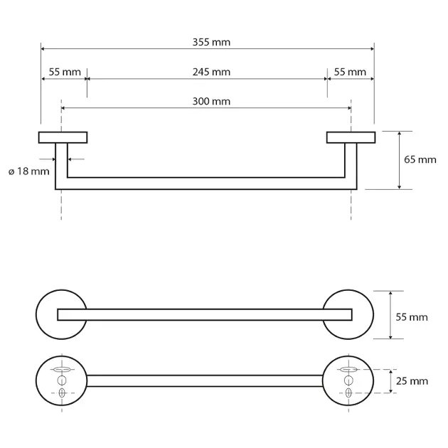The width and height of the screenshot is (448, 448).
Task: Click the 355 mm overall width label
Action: (211, 42)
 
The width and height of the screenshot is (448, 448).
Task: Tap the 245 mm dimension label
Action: (211, 72)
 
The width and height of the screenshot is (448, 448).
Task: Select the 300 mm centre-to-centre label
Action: (211, 102)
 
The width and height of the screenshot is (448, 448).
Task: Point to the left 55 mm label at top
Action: (65, 72)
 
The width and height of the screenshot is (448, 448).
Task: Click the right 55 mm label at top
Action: (350, 72)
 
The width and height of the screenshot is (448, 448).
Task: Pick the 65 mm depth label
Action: (420, 160)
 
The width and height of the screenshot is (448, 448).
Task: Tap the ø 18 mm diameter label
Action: (29, 171)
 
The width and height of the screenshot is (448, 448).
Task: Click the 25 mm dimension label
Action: (412, 381)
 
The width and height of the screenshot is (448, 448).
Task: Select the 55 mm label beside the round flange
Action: (412, 317)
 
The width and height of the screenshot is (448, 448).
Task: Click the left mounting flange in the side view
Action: (63, 137)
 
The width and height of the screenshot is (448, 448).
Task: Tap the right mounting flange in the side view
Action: (351, 137)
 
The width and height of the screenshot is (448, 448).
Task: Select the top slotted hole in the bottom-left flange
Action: (62, 370)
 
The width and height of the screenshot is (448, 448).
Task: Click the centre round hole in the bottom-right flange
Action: (348, 380)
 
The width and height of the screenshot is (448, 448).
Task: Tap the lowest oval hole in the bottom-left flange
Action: (62, 393)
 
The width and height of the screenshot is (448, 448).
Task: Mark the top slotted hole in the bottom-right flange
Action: (348, 370)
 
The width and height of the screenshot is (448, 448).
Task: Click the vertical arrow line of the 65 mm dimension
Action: (399, 160)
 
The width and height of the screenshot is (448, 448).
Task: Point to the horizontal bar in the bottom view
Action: (205, 381)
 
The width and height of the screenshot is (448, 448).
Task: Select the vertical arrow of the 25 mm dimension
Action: (390, 381)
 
